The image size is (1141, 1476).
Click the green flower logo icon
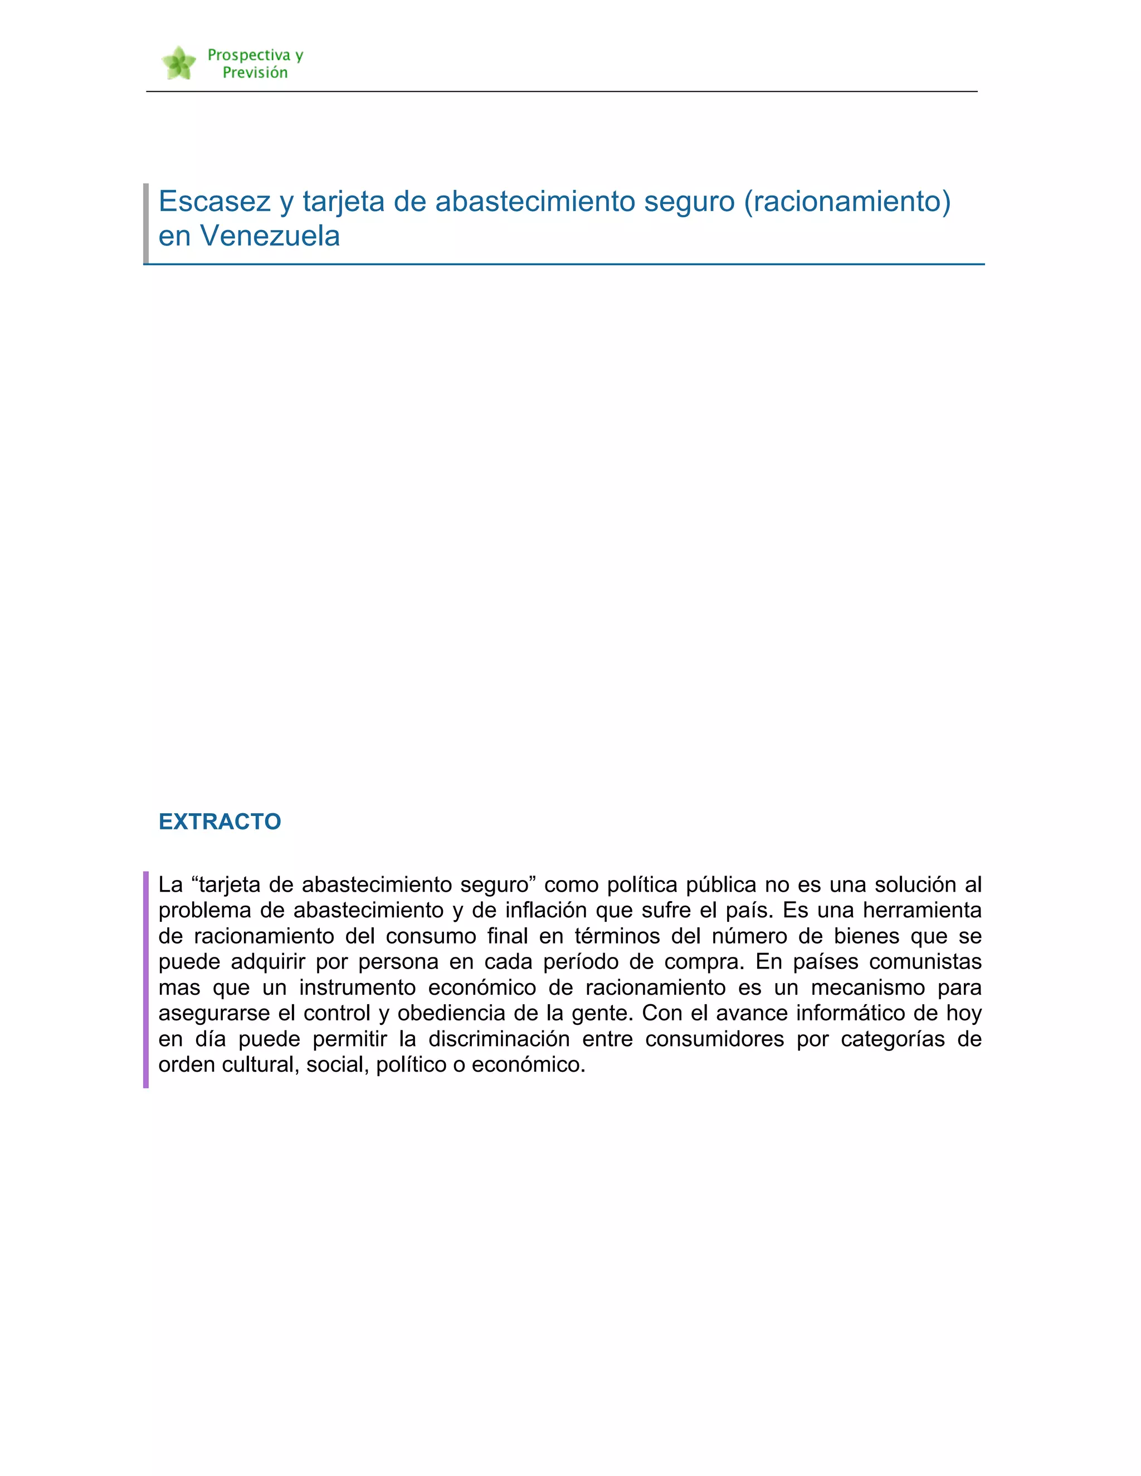coord(178,63)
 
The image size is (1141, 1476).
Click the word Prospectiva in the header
coord(248,55)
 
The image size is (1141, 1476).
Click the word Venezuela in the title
coord(270,236)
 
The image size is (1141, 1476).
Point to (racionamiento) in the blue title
coord(847,202)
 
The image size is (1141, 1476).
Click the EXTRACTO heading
coord(220,821)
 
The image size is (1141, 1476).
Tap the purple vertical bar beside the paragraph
coord(146,979)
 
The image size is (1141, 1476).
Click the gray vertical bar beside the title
coord(146,223)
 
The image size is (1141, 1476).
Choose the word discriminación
coord(499,1039)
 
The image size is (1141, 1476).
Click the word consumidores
coord(714,1039)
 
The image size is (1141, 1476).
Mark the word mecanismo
coord(868,988)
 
